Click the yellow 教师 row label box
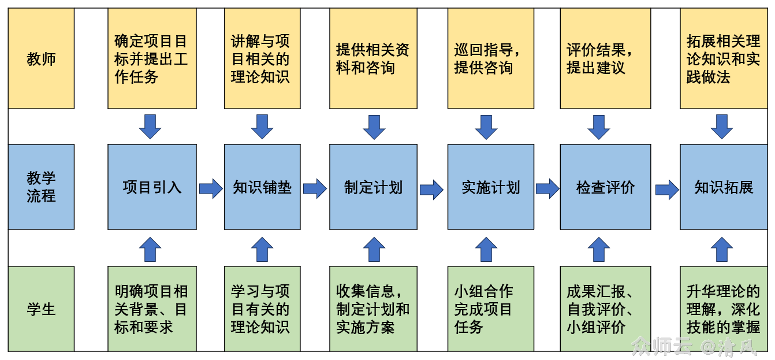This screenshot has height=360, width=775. click(41, 58)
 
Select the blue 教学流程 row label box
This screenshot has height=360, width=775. click(41, 187)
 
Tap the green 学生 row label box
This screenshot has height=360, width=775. click(41, 309)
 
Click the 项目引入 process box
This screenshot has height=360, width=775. click(152, 187)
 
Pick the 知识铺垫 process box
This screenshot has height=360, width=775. click(262, 187)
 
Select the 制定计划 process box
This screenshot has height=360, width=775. click(373, 187)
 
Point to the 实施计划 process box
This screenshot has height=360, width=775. click(490, 187)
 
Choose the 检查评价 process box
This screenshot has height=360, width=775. click(605, 187)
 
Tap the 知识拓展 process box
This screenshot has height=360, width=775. click(724, 187)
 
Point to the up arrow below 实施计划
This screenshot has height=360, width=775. click(486, 249)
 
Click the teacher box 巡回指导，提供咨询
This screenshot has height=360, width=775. click(490, 58)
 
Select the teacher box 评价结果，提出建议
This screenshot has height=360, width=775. click(605, 58)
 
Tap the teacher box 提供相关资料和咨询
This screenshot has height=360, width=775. click(373, 58)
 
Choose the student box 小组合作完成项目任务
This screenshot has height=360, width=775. click(490, 309)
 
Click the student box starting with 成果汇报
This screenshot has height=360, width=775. click(605, 309)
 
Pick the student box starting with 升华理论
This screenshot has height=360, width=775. click(724, 309)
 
